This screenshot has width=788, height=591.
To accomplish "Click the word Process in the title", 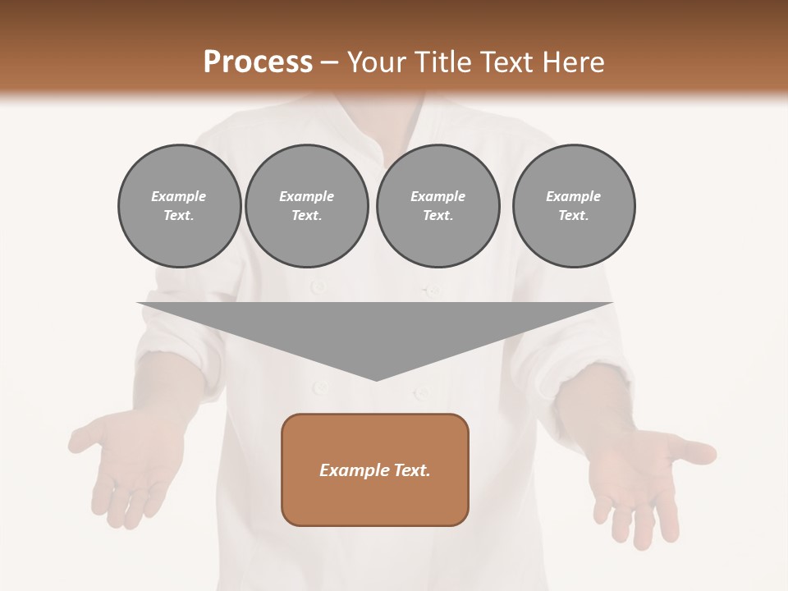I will (258, 62).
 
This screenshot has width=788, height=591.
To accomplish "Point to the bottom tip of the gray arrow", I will (376, 380).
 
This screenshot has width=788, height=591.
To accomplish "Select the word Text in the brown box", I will (412, 470).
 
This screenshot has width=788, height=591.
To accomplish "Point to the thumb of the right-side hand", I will (694, 451).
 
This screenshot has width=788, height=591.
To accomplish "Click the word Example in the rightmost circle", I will (573, 196).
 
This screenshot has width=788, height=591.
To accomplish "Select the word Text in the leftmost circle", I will (178, 215).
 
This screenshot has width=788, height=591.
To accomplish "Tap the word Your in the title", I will (375, 62).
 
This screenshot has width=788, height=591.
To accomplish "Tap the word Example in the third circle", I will (438, 196).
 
